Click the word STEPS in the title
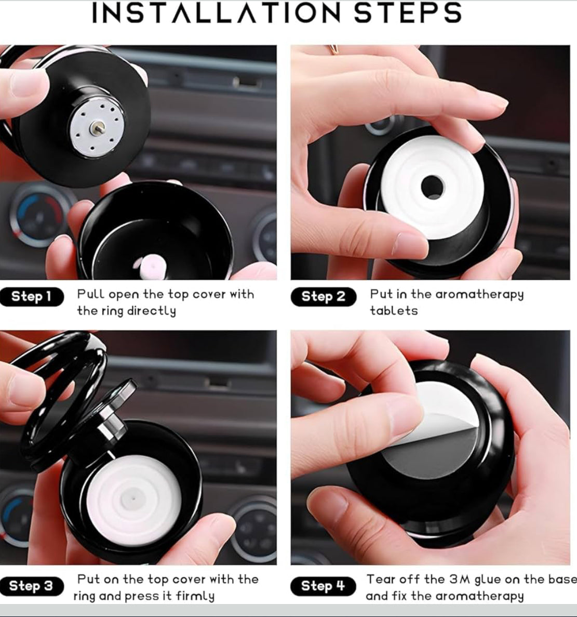click(x=408, y=13)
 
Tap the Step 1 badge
click(x=32, y=297)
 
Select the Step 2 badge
click(x=323, y=297)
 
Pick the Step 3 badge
click(x=32, y=586)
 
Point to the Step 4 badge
click(x=323, y=586)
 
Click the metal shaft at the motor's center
click(x=96, y=126)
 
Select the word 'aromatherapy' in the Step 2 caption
click(x=479, y=295)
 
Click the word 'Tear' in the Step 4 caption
click(x=381, y=579)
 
